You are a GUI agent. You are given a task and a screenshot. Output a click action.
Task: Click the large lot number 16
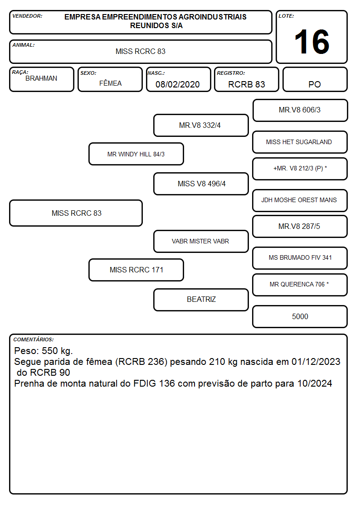point(311,42)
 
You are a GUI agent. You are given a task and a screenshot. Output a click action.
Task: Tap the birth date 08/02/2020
point(178,84)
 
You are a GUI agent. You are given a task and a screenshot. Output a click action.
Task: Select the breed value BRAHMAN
point(41,78)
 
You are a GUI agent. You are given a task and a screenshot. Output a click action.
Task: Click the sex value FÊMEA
point(110,83)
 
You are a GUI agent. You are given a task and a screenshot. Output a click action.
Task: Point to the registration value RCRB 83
point(247,84)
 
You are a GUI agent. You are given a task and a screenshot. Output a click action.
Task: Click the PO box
point(315,79)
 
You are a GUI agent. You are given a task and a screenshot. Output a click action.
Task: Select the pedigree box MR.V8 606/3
point(300,111)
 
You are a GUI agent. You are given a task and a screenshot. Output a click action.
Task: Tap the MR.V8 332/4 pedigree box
point(201,125)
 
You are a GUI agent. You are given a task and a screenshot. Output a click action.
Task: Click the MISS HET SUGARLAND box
point(300,142)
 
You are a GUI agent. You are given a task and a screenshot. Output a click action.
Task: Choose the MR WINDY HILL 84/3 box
point(136,154)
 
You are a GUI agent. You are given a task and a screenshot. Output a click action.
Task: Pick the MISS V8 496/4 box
point(201,184)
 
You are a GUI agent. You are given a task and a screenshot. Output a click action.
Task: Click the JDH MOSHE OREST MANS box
point(300,200)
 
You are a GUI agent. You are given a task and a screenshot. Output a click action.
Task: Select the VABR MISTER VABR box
point(201,241)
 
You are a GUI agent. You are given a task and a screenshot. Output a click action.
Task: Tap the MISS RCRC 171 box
point(136,270)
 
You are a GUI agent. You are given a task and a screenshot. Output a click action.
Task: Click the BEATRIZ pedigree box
point(201,300)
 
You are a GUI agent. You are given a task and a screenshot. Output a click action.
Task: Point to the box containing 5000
point(300,316)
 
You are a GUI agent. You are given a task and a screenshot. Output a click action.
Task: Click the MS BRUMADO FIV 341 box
point(300,258)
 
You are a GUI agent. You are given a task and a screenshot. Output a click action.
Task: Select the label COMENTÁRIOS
point(34,339)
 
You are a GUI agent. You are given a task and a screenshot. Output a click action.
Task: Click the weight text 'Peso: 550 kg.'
point(44,351)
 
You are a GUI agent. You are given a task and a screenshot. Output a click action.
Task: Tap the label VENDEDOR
point(27,16)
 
